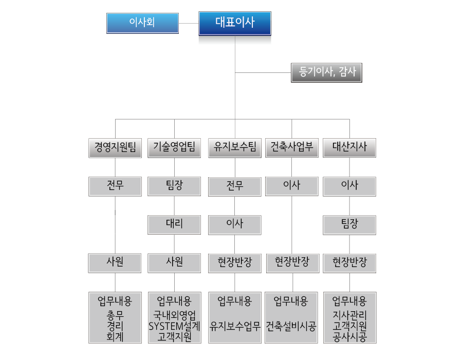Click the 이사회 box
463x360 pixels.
142,23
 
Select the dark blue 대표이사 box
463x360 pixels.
235,23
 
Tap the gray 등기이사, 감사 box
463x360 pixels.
326,72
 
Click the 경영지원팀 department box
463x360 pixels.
115,148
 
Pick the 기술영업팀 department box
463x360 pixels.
174,148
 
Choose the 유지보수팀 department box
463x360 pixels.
235,148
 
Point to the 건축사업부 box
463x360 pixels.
292,147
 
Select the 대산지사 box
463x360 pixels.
349,147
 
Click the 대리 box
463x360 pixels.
174,225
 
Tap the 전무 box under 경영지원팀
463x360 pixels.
115,186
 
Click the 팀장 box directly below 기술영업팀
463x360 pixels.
174,186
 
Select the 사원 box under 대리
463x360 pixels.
174,263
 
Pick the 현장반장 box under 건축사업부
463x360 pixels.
292,263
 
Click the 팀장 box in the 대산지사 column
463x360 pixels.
349,225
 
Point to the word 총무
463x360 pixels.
115,315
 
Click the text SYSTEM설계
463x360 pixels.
174,326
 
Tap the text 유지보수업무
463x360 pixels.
235,326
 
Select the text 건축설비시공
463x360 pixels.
291,326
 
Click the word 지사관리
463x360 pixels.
349,315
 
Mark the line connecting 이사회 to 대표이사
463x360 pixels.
189,23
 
